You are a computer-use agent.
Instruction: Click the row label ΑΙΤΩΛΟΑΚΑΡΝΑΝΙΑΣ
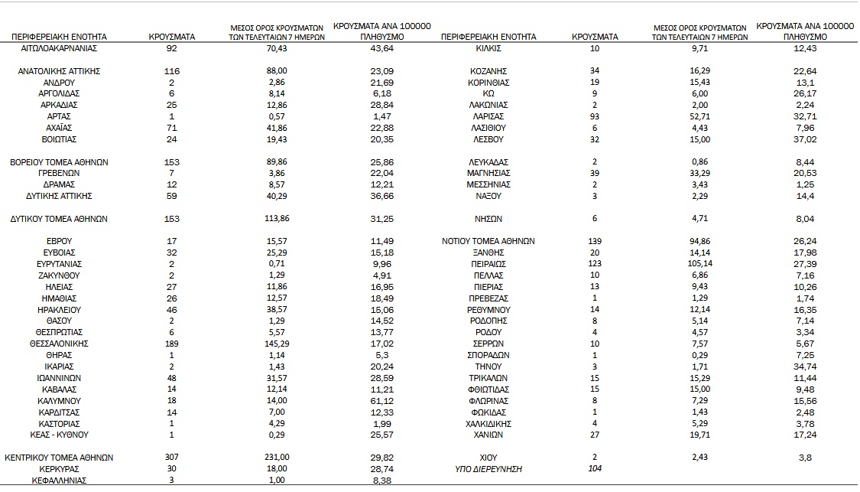click(x=60, y=48)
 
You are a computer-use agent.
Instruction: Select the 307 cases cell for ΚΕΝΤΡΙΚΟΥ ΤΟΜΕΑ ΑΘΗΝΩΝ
click(x=172, y=458)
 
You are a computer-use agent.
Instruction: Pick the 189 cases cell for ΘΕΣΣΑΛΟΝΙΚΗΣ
click(x=172, y=344)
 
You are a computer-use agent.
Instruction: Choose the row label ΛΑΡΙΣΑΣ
click(x=488, y=116)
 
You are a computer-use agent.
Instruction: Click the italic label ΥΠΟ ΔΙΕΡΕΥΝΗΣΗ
click(x=488, y=468)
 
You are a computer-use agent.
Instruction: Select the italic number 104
click(x=595, y=468)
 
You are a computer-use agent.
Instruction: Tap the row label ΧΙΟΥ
click(x=488, y=457)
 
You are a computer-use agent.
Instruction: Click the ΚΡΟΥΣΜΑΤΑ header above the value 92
click(x=172, y=36)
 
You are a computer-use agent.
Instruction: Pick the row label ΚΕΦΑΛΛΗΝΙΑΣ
click(x=60, y=481)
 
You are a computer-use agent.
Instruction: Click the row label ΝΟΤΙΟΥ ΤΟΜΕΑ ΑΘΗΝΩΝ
click(x=488, y=241)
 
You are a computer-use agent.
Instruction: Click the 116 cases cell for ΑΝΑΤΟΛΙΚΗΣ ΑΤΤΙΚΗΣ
click(x=172, y=70)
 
